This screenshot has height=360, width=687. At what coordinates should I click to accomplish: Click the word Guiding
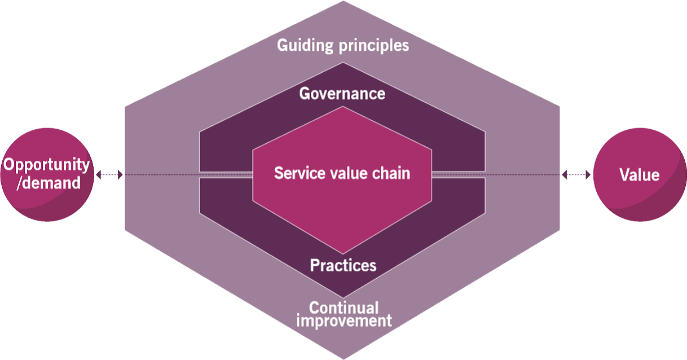tap(305, 46)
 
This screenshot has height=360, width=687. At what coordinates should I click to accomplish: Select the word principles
tap(374, 46)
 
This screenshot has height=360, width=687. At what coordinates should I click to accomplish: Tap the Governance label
tap(342, 94)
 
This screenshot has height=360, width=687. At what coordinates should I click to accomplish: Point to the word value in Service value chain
tap(345, 173)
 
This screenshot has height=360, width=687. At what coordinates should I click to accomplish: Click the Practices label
tap(343, 265)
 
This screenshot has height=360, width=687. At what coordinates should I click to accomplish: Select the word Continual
tap(344, 308)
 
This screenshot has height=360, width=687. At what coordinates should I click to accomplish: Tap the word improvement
tap(344, 321)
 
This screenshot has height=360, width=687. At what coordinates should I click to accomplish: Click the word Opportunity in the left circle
tap(47, 165)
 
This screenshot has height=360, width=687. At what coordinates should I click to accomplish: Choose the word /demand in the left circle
tap(49, 183)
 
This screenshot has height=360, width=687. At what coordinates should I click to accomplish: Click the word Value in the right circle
tap(640, 175)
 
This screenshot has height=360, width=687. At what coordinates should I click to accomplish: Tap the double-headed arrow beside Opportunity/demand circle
tap(109, 174)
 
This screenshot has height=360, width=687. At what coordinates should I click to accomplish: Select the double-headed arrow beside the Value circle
tap(576, 174)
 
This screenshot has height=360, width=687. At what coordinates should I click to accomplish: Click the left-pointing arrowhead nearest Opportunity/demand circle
tap(99, 174)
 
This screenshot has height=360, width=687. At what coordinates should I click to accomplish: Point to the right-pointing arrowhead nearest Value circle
tap(588, 174)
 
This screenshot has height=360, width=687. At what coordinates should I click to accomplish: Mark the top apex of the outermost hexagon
tap(343, 1)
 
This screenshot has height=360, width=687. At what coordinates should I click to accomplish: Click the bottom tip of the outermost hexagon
tap(343, 359)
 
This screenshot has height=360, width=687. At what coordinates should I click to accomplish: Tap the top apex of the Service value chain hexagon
tap(342, 107)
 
